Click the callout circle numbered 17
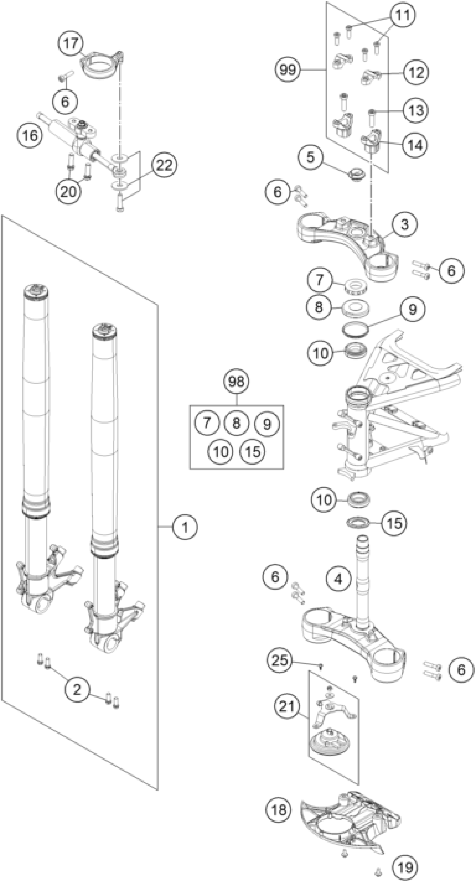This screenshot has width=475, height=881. coord(71,44)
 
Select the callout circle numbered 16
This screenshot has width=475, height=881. coord(30,135)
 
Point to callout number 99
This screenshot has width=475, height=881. coord(288,70)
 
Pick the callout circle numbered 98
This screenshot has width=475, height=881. coord(236,381)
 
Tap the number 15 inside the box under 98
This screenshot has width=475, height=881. coord(253,452)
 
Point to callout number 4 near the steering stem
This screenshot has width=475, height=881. coord(338,579)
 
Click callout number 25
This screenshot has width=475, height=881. coord(280,660)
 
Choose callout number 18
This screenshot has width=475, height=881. coord(279,810)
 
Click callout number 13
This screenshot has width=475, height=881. coord(415,111)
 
